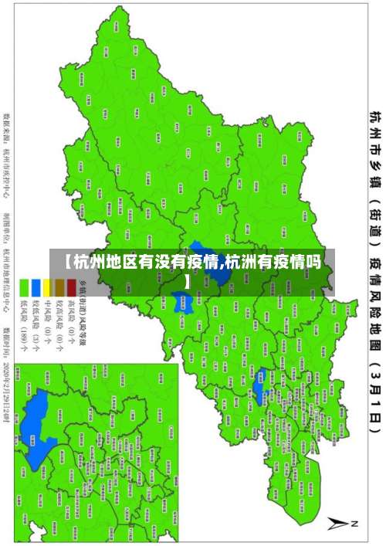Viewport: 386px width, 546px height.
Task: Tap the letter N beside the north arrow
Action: click(354, 524)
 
